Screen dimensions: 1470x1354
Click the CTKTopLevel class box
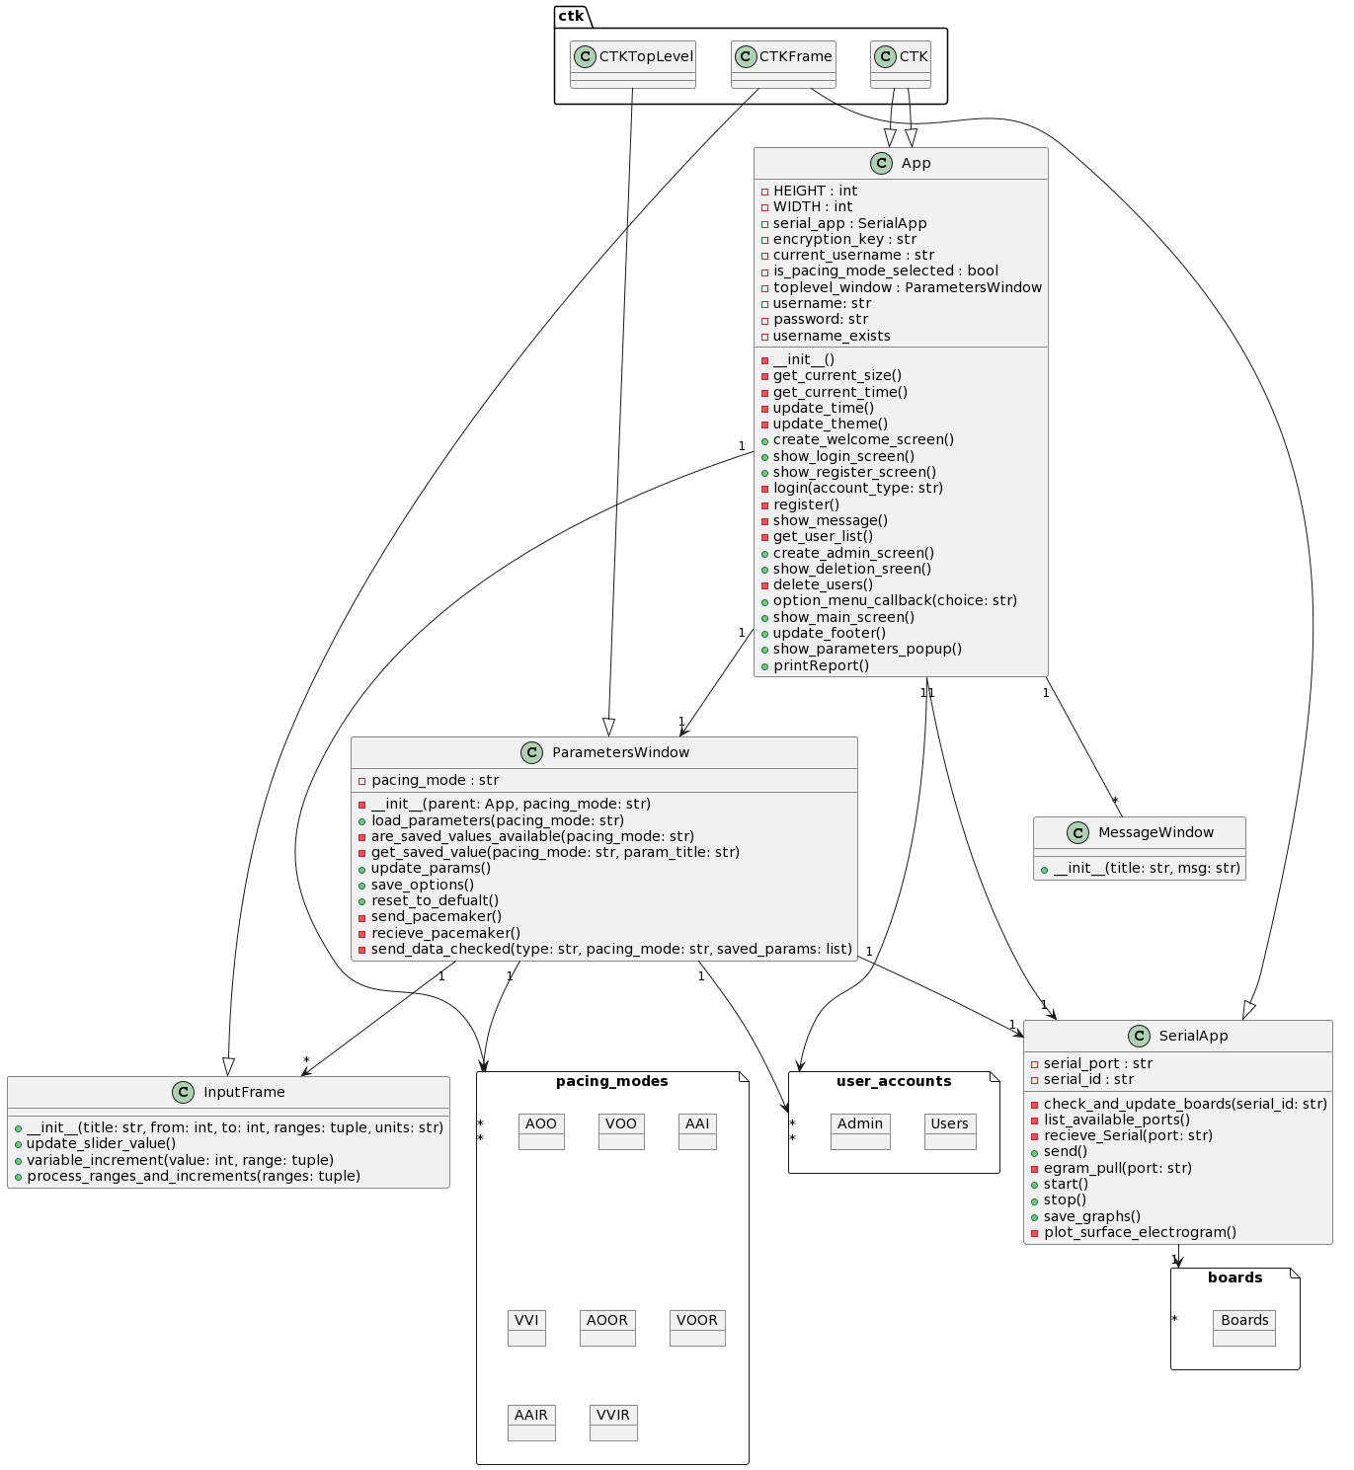tap(633, 64)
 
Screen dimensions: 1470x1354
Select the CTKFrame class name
tap(795, 56)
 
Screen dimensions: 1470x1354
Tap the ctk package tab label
tap(571, 16)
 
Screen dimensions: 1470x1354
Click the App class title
tap(915, 163)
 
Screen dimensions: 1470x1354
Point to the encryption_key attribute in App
tap(844, 239)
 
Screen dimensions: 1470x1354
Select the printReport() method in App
tap(821, 665)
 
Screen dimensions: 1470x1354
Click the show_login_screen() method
tap(843, 456)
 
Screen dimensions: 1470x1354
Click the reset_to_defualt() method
tap(435, 900)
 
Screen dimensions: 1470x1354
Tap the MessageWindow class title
tap(1155, 832)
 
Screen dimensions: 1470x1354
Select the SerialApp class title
tap(1193, 1036)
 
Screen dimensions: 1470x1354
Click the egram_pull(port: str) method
tap(1117, 1168)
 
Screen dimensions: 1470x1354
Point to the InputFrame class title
tap(244, 1092)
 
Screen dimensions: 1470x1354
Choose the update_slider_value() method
tap(101, 1143)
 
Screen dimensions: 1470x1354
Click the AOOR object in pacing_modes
tap(606, 1327)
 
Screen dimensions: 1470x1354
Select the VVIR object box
tap(612, 1422)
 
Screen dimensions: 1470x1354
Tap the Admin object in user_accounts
tap(859, 1130)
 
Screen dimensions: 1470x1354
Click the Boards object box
tap(1243, 1327)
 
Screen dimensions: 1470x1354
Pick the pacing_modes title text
tap(611, 1081)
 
